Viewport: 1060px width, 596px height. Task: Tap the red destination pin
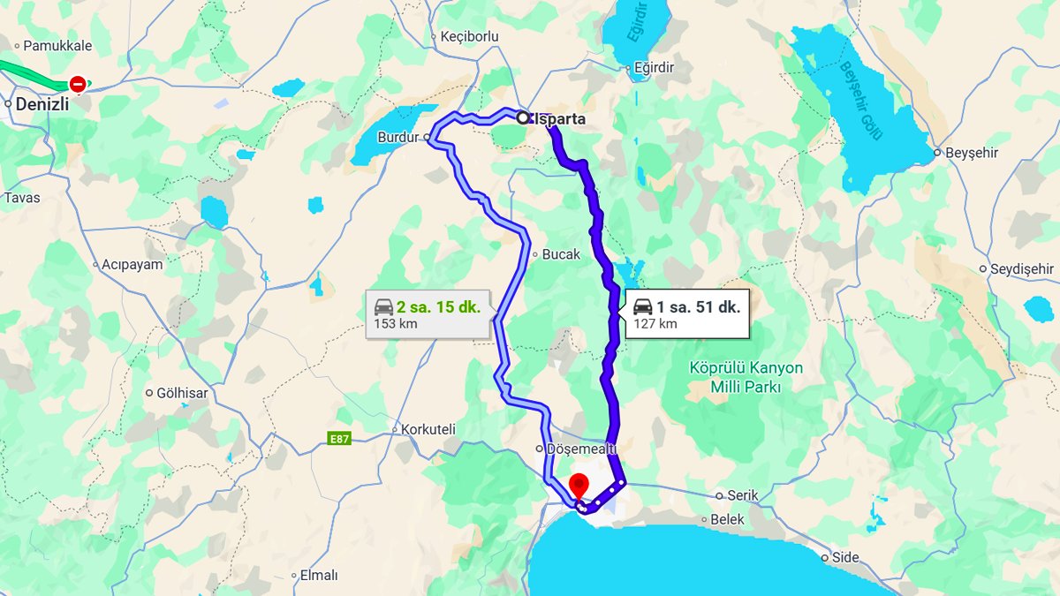pos(579,486)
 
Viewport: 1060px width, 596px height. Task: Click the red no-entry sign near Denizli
pos(78,84)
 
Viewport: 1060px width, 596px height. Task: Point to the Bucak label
pos(561,254)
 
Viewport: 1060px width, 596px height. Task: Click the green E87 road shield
pos(338,439)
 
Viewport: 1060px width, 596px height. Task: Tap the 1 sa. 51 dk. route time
pos(698,307)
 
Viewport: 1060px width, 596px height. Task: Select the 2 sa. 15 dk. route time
pos(439,307)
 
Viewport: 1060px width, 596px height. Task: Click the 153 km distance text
pos(396,324)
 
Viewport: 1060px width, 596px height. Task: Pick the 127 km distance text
pos(655,324)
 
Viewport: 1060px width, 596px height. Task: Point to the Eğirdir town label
pos(655,67)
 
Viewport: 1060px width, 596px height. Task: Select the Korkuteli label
pos(428,429)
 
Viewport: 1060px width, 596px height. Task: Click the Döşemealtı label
pos(580,449)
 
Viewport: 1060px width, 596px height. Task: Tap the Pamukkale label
pos(57,45)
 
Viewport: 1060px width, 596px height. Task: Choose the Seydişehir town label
pos(1022,268)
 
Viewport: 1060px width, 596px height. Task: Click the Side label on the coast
pos(846,557)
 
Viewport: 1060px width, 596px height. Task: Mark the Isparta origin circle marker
pos(522,117)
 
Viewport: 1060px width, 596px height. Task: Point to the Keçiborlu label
pos(469,37)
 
